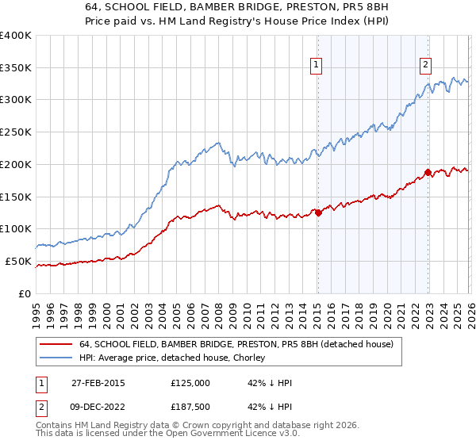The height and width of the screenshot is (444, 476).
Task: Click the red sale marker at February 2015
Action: pos(318,212)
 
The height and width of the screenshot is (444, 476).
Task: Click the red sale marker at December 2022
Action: pos(428,171)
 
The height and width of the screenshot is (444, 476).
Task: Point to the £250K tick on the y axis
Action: pos(16,132)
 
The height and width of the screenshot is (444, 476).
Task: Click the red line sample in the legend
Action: pos(56,344)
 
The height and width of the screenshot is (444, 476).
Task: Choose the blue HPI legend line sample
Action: pos(56,358)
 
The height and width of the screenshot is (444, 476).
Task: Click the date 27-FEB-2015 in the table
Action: pos(98,383)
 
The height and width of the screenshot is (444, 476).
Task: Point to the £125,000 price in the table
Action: pos(190,383)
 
